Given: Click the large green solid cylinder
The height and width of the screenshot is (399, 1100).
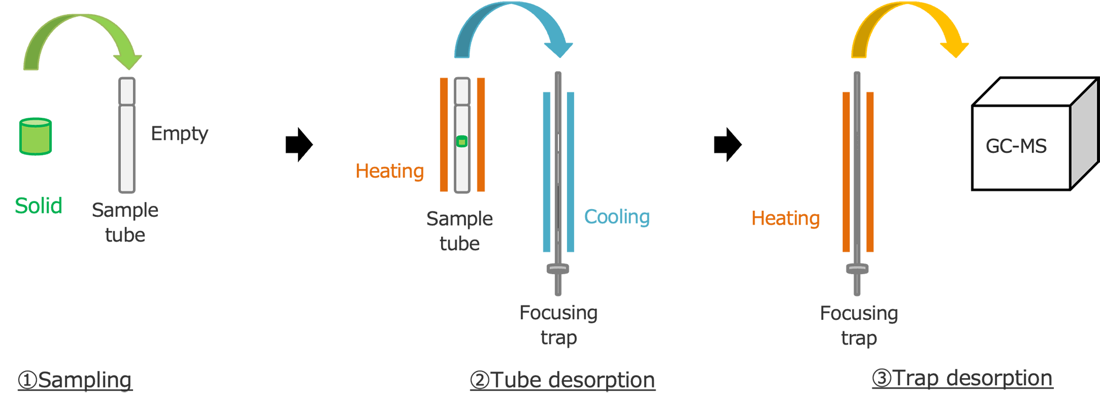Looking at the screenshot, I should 35,136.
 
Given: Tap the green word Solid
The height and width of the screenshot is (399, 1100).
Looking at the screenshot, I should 38,206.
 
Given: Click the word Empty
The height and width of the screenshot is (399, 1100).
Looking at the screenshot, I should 179,134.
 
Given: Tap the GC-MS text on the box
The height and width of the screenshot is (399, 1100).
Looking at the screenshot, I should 1016,146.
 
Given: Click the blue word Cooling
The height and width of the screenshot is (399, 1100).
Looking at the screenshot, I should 617,217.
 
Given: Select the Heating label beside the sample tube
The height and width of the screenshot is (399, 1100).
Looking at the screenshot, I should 389,171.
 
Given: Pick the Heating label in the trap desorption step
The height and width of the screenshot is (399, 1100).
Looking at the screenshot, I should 785,218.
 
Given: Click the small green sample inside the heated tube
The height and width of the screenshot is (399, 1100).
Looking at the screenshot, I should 462,141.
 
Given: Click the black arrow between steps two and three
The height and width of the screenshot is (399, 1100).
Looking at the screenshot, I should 728,145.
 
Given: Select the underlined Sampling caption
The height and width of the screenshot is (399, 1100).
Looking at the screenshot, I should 75,380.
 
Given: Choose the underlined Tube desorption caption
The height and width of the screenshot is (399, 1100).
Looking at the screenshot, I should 563,380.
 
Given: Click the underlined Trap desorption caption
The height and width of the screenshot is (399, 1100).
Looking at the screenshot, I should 963,378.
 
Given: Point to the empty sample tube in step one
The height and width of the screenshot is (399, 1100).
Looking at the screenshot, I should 127,135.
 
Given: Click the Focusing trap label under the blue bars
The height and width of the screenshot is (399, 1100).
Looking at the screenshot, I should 558,325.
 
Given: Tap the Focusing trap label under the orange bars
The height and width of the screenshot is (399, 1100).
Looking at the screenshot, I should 859,325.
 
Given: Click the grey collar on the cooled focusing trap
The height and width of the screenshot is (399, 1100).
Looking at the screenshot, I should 558,269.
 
